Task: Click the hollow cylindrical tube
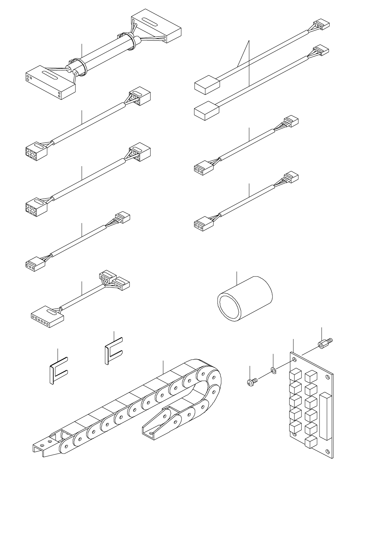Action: click(x=244, y=299)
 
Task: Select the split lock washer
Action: click(x=273, y=370)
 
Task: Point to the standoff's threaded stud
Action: click(x=330, y=340)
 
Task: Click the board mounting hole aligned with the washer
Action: click(x=295, y=361)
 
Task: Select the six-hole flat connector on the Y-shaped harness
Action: click(x=47, y=314)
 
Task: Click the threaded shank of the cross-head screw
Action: click(x=255, y=380)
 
